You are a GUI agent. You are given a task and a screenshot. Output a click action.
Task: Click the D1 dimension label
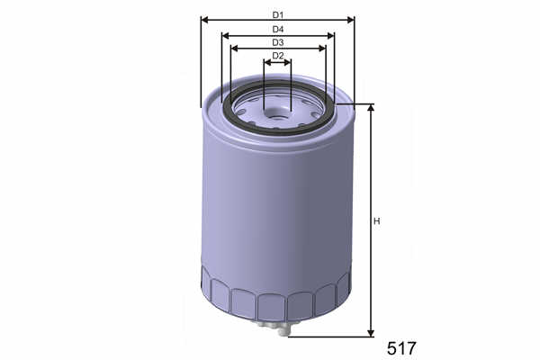tap(277, 15)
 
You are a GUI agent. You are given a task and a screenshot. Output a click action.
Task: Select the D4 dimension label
tap(277, 30)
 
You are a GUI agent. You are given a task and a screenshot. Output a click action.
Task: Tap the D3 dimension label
tap(277, 42)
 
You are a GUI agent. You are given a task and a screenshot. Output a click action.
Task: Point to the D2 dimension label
tap(277, 56)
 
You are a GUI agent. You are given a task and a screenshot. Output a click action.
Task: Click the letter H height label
tap(377, 221)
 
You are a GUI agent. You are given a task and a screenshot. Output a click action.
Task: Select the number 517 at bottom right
tap(401, 348)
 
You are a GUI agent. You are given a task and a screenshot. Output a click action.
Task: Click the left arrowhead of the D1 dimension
tap(204, 20)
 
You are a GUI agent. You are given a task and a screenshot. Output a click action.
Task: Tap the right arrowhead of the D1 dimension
tap(350, 20)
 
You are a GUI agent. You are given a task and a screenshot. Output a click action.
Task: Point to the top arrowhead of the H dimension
tap(371, 107)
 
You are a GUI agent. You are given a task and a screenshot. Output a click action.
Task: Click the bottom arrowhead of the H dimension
tap(371, 333)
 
